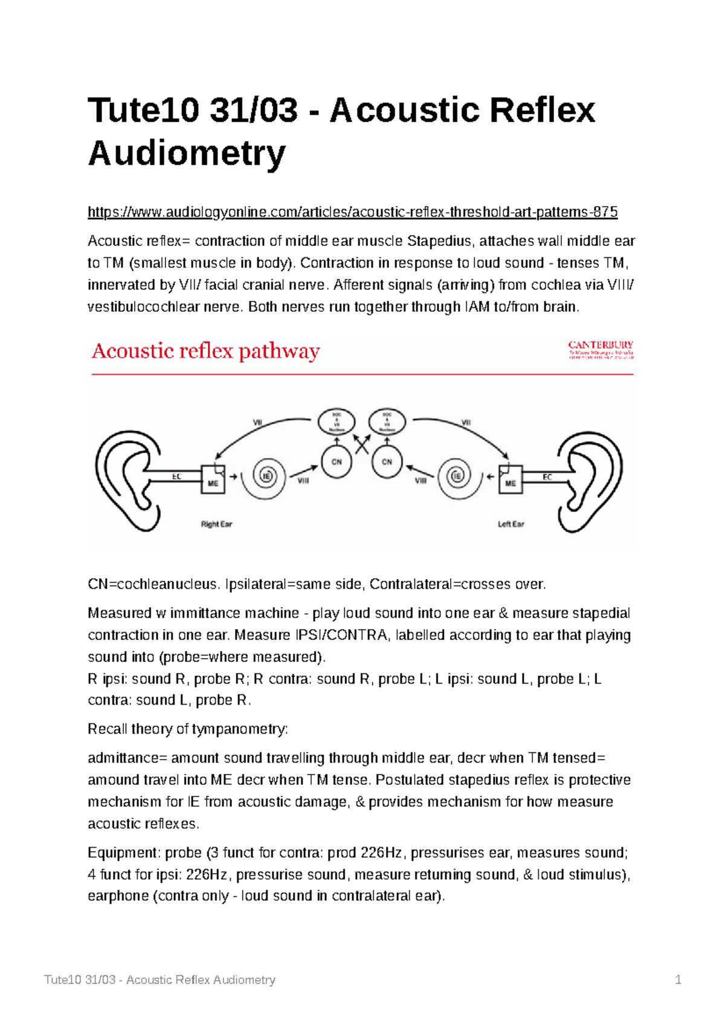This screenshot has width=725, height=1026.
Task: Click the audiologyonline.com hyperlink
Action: (x=352, y=212)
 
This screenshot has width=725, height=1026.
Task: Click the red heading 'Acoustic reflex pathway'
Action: (x=205, y=351)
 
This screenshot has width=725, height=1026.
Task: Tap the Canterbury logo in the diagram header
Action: (x=601, y=349)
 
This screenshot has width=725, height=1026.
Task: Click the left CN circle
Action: (x=337, y=462)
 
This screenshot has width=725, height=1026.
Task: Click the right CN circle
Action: (x=387, y=462)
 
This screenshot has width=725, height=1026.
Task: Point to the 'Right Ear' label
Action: (x=216, y=524)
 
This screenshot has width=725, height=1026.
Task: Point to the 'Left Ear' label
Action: (x=511, y=524)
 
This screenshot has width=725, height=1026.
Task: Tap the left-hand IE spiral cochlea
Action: (x=266, y=476)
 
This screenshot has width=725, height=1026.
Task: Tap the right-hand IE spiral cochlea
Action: (x=457, y=476)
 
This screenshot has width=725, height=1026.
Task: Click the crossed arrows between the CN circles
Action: (x=362, y=445)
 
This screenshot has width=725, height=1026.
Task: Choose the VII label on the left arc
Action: (x=257, y=423)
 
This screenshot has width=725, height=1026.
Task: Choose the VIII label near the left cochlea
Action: (x=303, y=481)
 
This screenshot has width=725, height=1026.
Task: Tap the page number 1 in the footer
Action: (x=678, y=979)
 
